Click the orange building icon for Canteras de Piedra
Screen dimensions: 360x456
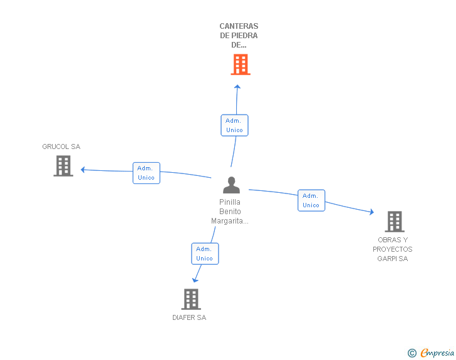tap(240, 64)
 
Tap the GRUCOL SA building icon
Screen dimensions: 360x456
tap(63, 166)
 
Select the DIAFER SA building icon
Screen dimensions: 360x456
tap(191, 299)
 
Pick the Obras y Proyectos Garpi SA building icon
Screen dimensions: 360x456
tap(394, 222)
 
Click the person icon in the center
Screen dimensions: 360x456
tap(232, 185)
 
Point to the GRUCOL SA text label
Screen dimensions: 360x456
tap(61, 147)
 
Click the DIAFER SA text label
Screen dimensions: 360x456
tap(189, 317)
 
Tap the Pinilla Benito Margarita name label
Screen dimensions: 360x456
tap(230, 212)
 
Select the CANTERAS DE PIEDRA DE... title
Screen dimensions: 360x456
tap(239, 36)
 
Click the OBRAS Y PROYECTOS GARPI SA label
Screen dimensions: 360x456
tap(393, 249)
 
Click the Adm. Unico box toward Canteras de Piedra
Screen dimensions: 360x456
tap(235, 125)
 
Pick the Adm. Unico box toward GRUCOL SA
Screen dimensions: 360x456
tap(146, 173)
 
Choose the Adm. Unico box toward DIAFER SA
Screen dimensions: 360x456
tap(205, 254)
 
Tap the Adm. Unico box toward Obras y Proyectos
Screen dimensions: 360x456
tap(311, 200)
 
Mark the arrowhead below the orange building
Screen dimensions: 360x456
tap(237, 86)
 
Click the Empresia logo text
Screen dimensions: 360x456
tap(437, 352)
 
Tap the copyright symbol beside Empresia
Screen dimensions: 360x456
tap(412, 353)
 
